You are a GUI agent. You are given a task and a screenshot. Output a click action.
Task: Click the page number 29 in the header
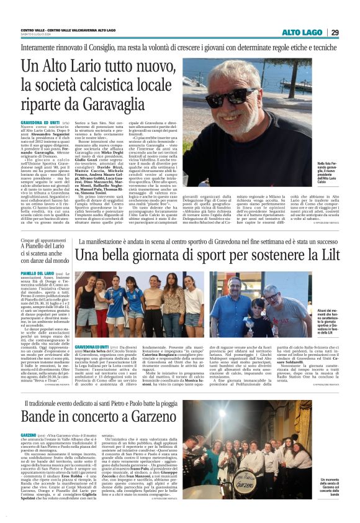coord(335,32)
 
